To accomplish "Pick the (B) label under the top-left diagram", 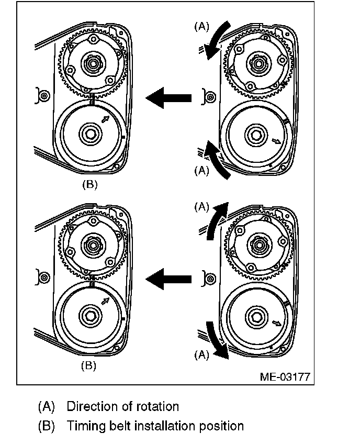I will [x=89, y=184].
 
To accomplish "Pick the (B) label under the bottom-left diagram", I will [x=89, y=366].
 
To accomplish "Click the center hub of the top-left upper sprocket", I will [x=93, y=64].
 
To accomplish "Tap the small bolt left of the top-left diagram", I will [x=44, y=96].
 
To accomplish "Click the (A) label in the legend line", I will [x=46, y=406].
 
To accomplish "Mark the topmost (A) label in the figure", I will [x=202, y=26].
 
